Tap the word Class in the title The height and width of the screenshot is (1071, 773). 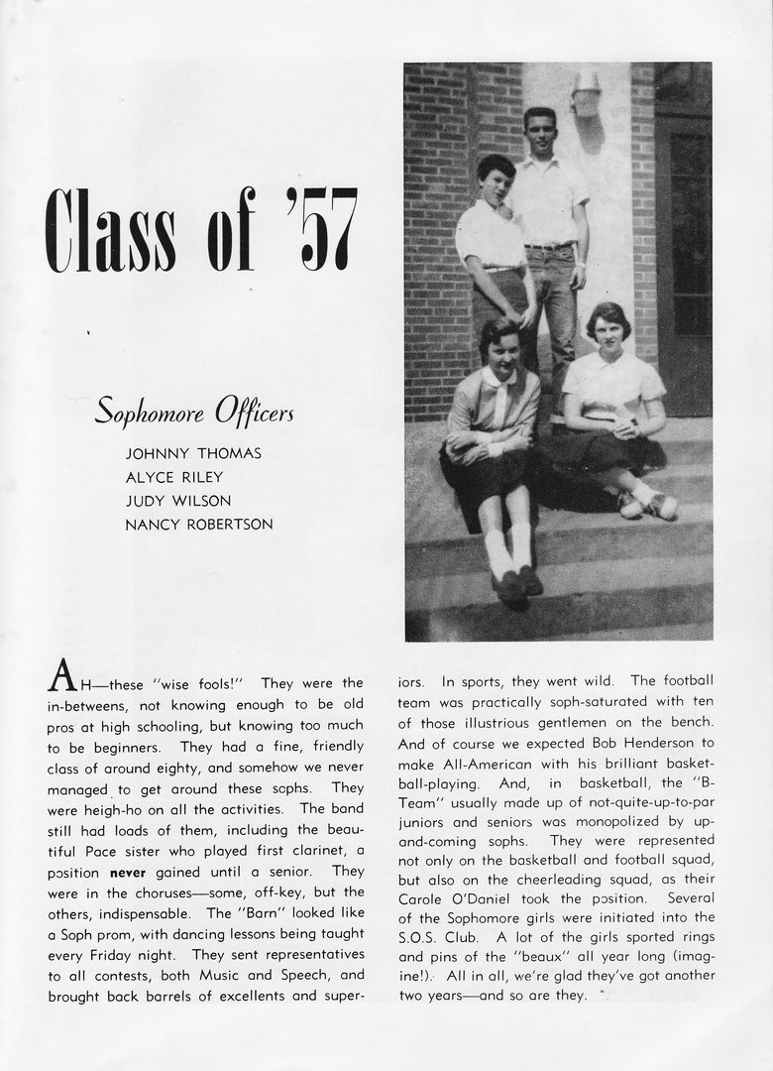tap(111, 229)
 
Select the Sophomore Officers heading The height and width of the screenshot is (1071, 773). tap(194, 411)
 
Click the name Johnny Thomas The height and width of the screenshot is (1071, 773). tap(193, 453)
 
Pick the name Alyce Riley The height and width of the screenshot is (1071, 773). tap(174, 477)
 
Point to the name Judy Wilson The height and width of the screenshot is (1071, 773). tap(178, 501)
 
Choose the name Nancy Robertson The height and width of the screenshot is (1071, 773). tap(198, 525)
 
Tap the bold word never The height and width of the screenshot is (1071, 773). tap(127, 872)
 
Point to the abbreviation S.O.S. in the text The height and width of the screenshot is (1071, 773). tap(424, 936)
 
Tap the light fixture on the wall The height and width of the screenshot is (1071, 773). tap(587, 94)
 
